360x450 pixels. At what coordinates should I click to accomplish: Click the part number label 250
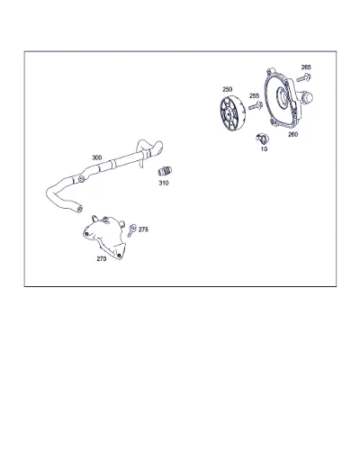[227, 89]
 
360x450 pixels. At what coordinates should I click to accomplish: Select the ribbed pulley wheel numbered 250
[233, 114]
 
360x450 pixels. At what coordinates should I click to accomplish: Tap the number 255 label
[254, 95]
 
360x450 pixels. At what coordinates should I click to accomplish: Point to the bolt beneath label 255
[256, 105]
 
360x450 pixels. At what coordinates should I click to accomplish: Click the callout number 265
[306, 67]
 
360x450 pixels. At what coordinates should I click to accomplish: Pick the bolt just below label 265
[303, 78]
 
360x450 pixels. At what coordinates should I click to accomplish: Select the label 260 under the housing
[292, 134]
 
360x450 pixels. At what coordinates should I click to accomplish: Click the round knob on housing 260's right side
[307, 97]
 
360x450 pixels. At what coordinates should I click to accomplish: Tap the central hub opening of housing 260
[282, 96]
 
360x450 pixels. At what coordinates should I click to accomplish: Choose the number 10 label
[264, 148]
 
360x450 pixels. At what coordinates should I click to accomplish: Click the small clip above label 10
[263, 139]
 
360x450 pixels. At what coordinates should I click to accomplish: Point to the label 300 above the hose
[96, 157]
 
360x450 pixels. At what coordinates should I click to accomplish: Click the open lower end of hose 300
[79, 209]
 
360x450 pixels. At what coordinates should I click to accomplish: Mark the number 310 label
[164, 183]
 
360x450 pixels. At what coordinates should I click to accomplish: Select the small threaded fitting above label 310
[165, 171]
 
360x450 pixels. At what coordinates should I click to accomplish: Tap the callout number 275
[143, 229]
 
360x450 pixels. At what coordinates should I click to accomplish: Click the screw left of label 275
[131, 230]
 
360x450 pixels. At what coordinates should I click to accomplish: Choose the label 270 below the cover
[102, 258]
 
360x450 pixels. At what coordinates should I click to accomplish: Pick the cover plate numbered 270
[104, 237]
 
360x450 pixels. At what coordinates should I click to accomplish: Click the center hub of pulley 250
[228, 114]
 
